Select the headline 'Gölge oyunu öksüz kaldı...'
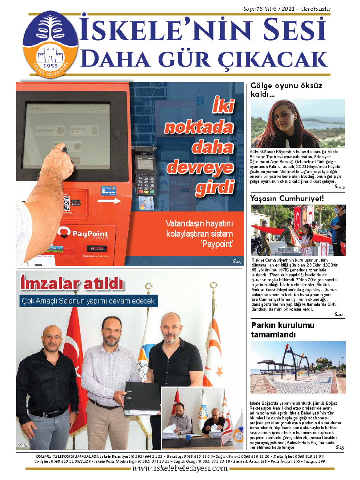tap(286, 90)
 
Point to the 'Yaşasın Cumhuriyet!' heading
tap(287, 198)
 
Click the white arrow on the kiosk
tap(109, 201)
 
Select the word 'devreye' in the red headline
tap(200, 167)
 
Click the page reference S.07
tap(237, 262)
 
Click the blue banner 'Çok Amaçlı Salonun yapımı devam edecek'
tap(89, 301)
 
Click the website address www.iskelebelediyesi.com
tap(180, 469)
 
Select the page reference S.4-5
tap(339, 187)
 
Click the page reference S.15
tap(340, 447)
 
